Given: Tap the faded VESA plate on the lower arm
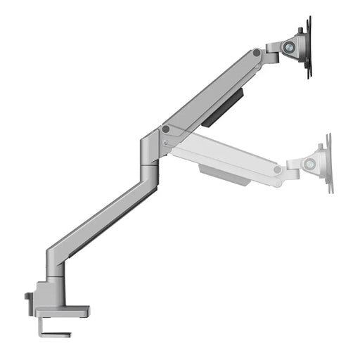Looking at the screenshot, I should click(328, 164).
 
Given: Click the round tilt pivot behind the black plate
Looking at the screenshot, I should click(289, 47).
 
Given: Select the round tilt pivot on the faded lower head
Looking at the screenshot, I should click(309, 164).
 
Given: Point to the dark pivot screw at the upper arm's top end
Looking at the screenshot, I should click(257, 53).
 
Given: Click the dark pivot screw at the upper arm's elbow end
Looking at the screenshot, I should click(166, 129).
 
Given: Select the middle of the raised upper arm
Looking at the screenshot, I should click(211, 91).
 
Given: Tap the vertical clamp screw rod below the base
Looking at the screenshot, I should click(51, 324).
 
